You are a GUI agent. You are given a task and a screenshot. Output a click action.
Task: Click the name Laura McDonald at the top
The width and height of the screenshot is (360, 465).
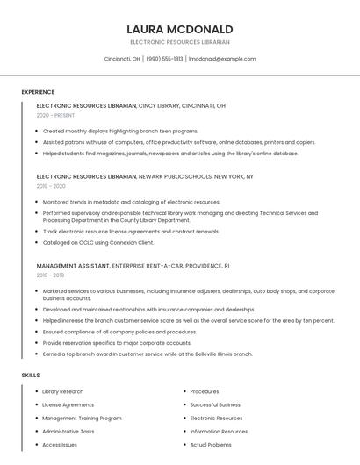coord(180,29)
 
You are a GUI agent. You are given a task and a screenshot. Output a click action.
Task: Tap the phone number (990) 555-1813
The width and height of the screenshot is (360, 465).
coord(164,59)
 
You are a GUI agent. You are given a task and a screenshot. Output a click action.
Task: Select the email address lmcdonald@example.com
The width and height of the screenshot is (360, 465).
coord(222,59)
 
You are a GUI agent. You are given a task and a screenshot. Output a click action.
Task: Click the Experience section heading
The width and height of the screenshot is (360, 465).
coord(38,92)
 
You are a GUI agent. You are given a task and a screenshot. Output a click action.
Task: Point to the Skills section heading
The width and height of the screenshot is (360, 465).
coord(31,375)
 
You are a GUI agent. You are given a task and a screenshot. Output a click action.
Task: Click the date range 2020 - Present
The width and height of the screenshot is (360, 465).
coord(55,115)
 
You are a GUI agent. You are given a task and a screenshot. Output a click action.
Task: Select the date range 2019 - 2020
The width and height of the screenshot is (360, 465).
coord(51,186)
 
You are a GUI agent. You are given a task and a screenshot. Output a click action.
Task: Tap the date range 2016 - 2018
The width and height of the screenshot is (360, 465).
coord(51,275)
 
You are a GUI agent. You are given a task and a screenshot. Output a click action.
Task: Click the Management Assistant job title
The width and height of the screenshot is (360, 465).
coord(73,265)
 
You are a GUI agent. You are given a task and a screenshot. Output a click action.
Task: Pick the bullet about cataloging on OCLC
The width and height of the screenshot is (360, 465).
coord(98,242)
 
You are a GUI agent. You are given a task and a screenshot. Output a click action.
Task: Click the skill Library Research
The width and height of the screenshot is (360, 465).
coord(63,391)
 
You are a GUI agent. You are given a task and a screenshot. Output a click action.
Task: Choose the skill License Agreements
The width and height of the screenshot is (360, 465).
coord(68,404)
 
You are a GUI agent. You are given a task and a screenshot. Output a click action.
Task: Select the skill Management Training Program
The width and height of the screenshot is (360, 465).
coord(82,418)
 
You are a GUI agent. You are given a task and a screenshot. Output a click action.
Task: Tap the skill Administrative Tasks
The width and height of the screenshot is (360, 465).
coord(68,431)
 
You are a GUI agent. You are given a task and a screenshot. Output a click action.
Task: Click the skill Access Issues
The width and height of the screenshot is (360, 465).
coord(60,445)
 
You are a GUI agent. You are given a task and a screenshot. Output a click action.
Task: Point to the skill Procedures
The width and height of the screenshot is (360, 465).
coord(205,391)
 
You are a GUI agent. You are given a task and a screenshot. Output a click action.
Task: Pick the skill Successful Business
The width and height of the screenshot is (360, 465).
coord(215,404)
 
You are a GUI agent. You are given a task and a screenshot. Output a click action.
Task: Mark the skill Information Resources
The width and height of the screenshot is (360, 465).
coord(219,431)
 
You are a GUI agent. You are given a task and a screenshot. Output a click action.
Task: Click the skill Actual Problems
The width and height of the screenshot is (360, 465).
coord(211,445)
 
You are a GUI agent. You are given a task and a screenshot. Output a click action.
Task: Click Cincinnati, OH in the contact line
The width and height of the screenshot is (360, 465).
coord(122,59)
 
